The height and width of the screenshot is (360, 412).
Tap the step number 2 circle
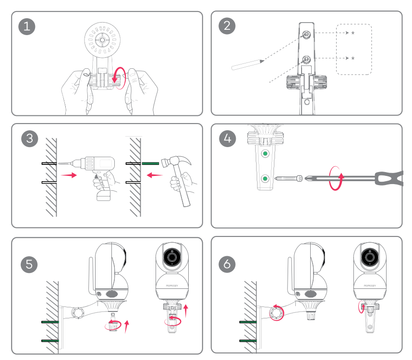(x=227, y=26)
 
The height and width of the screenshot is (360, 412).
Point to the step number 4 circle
(x=228, y=139)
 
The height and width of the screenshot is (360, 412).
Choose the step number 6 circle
(x=227, y=264)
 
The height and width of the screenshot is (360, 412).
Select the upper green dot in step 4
(x=264, y=155)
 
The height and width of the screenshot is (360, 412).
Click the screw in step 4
(x=288, y=179)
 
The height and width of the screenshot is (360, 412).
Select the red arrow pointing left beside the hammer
(x=154, y=175)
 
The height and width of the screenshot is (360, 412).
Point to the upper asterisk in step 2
(x=353, y=33)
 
